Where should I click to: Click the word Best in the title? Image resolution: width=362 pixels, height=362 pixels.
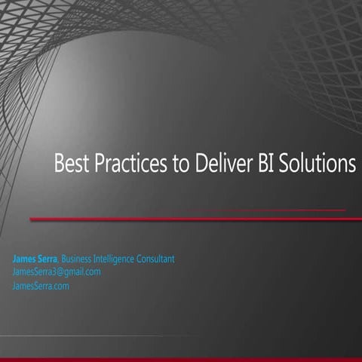[x=69, y=164]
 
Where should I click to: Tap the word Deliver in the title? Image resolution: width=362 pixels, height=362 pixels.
[x=223, y=164]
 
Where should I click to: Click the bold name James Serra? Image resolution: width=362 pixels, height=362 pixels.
[x=35, y=259]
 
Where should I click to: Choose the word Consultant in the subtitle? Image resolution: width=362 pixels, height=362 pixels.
[x=156, y=259]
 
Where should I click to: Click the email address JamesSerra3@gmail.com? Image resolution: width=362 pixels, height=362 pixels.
[x=57, y=271]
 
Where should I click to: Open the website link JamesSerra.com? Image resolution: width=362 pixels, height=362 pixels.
[x=41, y=286]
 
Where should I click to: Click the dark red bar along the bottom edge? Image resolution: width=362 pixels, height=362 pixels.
[x=181, y=359]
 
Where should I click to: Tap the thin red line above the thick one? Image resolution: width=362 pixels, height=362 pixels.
[x=264, y=210]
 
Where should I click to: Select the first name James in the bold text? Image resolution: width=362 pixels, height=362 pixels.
[x=25, y=259]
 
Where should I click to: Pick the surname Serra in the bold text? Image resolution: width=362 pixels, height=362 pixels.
[x=48, y=259]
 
